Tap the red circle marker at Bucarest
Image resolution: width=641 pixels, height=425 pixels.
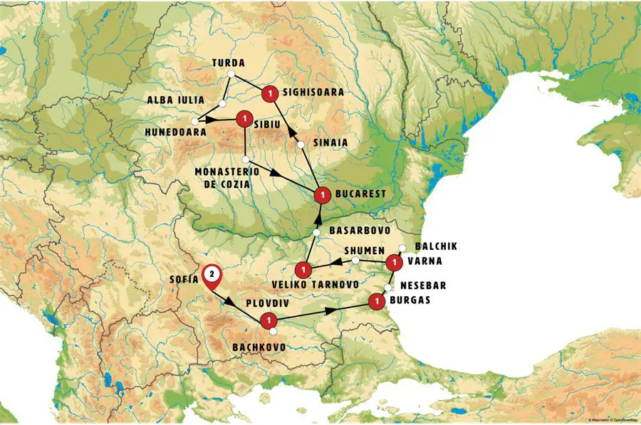(x=322, y=194)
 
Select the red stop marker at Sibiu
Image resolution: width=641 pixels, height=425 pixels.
(x=244, y=118)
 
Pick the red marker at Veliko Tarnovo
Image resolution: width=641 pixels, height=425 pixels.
(x=303, y=271)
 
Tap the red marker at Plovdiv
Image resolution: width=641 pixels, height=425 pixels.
(x=269, y=321)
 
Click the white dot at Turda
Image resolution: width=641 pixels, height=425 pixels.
(x=230, y=74)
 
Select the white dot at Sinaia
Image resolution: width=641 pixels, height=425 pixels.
(x=301, y=145)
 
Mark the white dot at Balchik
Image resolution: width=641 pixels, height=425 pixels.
(x=402, y=248)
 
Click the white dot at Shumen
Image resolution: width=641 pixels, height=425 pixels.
(x=355, y=261)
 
